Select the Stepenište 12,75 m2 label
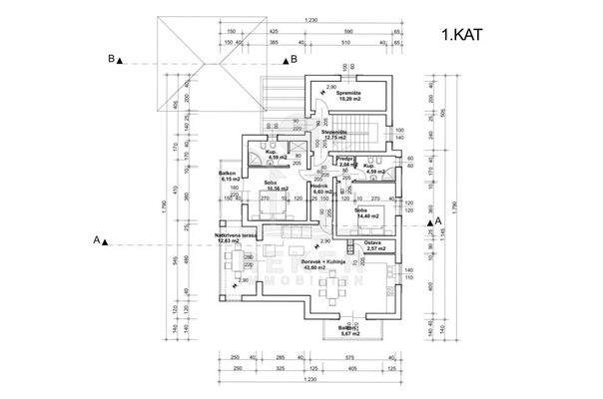[334, 136]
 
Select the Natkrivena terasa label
[236, 238]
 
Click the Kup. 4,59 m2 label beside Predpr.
[371, 167]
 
